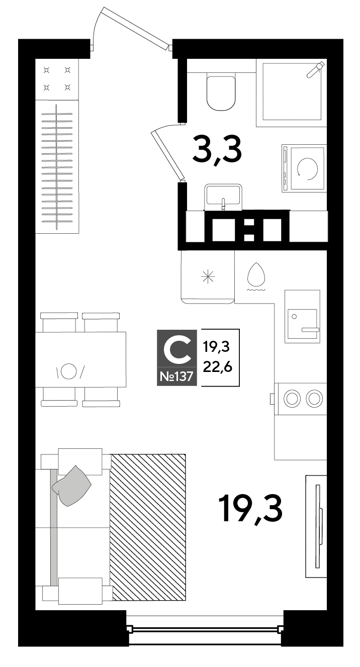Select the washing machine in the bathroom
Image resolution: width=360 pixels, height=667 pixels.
pos(304,168)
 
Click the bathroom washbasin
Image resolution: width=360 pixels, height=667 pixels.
pos(223,196)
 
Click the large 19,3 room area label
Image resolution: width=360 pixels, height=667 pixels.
pos(250,509)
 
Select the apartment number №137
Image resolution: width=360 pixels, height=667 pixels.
pos(176,376)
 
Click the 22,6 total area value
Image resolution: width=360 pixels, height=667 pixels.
pos(218,367)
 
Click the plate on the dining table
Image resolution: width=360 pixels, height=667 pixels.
pos(69,371)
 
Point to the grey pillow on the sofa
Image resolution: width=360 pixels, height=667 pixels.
pos(71,486)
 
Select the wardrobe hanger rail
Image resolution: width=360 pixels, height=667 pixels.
pos(57,167)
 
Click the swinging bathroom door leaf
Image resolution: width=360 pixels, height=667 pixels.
pos(167,156)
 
